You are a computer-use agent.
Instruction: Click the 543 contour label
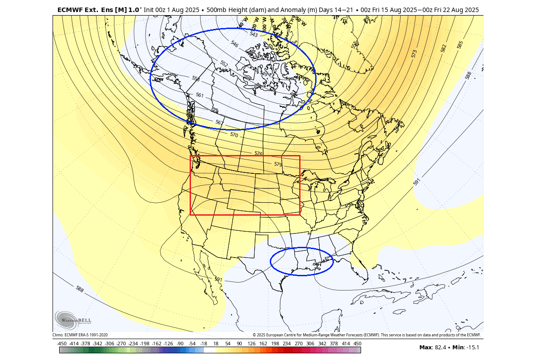pos(254,34)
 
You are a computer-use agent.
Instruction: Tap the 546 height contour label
pos(235,44)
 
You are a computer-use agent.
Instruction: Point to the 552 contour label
pos(224,64)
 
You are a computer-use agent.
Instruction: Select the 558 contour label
pos(196,78)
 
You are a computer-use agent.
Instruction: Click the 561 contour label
pos(199,95)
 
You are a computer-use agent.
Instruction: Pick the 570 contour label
pos(234,135)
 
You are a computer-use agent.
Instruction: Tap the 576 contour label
pos(258,153)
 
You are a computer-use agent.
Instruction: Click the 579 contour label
pos(278,164)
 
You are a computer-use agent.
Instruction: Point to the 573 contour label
pos(414,54)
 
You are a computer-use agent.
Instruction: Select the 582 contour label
pos(443,49)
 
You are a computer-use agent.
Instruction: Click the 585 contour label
pos(460,45)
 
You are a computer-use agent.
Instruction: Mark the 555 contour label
pos(354,45)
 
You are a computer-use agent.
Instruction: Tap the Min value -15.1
pos(472,347)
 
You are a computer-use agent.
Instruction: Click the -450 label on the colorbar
pos(62,344)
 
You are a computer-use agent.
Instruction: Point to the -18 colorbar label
pos(204,344)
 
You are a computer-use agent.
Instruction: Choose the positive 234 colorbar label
pos(287,344)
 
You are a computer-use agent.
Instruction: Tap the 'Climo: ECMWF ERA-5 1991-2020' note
pos(80,335)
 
